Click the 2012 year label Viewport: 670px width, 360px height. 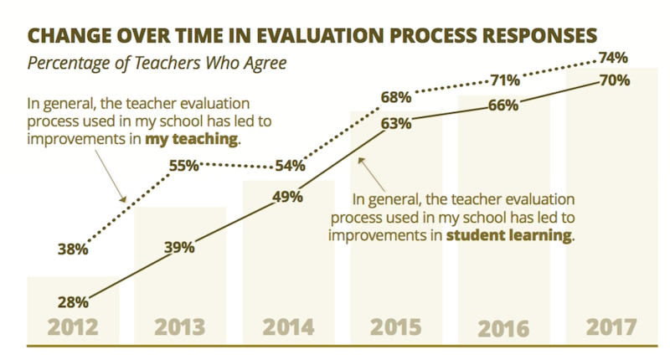(x=72, y=326)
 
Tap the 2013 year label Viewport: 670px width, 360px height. (x=180, y=326)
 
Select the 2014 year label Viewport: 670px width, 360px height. (x=288, y=326)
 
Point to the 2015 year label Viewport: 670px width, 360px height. (x=396, y=326)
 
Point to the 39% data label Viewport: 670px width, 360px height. (x=179, y=247)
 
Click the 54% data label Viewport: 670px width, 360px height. (x=289, y=166)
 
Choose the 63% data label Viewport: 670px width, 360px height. (x=396, y=124)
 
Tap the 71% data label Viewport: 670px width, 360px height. (x=503, y=81)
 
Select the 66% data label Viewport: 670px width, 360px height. (x=503, y=106)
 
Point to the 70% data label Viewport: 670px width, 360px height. (x=614, y=81)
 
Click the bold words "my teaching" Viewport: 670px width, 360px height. (x=192, y=140)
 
